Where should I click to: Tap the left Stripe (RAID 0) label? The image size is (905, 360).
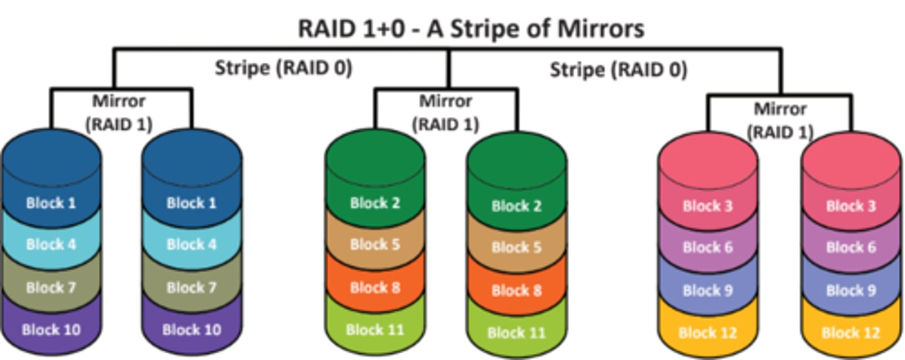[x=283, y=68]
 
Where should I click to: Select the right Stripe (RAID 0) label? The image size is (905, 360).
[x=618, y=69]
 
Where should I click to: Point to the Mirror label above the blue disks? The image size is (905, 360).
[x=119, y=112]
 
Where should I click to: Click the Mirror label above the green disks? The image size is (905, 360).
[x=446, y=112]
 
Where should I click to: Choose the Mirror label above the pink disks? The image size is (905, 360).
[x=780, y=120]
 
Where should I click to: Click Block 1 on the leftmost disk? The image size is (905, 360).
[x=51, y=203]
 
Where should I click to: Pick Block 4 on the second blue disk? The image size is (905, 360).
[x=192, y=244]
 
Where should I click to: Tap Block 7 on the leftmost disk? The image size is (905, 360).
[x=51, y=287]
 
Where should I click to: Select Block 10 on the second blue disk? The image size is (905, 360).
[x=192, y=329]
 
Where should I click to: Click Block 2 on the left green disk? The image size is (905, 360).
[x=375, y=203]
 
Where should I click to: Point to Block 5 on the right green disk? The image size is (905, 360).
[x=516, y=248]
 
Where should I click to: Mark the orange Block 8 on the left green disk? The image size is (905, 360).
[x=375, y=288]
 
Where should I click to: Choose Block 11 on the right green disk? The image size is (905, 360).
[x=516, y=333]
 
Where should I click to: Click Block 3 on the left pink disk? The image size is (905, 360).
[x=708, y=206]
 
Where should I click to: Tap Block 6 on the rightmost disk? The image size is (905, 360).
[x=851, y=248]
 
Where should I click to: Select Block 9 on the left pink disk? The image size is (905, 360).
[x=708, y=290]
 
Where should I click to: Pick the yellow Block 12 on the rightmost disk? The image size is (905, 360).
[x=851, y=333]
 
